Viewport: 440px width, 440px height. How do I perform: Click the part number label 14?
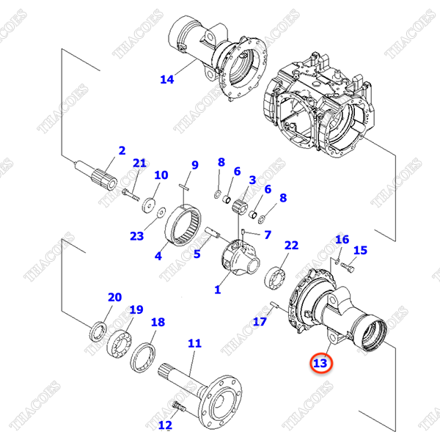tap(167, 79)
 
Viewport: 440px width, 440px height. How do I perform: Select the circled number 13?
tap(320, 362)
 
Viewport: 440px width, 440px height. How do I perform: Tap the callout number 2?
tap(122, 150)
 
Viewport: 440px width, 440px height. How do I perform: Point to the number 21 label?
tap(139, 163)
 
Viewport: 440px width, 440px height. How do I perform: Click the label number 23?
tap(137, 236)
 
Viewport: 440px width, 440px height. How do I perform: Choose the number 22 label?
tap(291, 246)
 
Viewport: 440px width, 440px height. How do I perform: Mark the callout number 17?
tap(261, 320)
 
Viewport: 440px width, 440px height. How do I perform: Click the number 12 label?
tap(165, 425)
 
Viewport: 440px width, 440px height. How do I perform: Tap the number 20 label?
tap(114, 297)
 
